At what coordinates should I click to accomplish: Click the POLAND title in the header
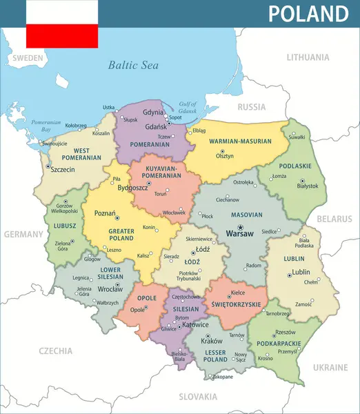(308, 14)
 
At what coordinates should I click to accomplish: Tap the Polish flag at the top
(62, 24)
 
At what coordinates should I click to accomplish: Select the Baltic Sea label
(133, 66)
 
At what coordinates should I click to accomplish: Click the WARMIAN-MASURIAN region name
(240, 141)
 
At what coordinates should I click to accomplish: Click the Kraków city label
(211, 341)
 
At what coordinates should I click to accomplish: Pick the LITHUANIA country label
(308, 57)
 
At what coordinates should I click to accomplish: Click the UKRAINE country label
(330, 368)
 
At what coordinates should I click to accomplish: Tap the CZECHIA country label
(56, 351)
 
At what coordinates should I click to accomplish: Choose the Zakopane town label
(221, 377)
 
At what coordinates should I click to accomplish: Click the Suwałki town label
(297, 137)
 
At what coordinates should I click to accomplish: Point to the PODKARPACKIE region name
(278, 343)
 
